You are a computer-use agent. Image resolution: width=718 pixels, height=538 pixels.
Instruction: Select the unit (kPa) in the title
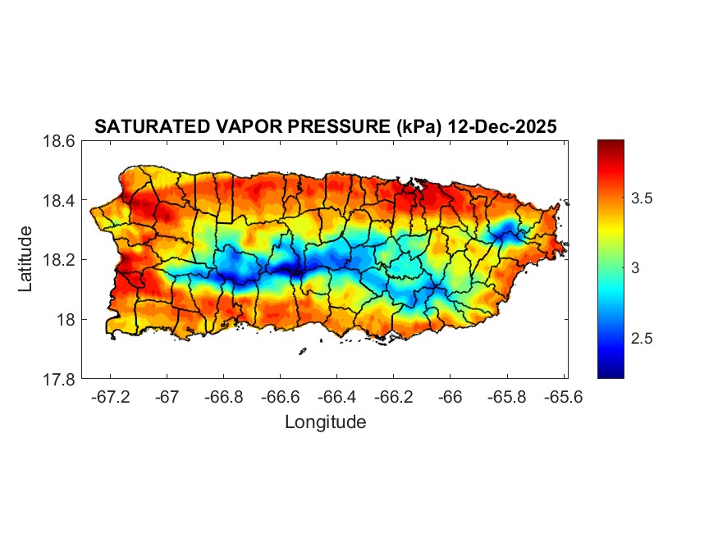(x=420, y=127)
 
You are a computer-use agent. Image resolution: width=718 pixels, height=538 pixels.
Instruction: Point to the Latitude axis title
(x=25, y=259)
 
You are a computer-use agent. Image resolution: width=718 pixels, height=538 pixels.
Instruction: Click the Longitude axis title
(x=325, y=422)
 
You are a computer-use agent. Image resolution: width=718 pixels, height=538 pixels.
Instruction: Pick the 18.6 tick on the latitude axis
(x=59, y=141)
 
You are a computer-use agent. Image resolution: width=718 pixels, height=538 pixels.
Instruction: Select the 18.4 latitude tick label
(x=59, y=201)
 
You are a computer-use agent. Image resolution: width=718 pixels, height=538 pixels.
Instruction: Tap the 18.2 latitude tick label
(x=59, y=260)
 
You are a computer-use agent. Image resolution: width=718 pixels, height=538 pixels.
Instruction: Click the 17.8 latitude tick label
(x=59, y=379)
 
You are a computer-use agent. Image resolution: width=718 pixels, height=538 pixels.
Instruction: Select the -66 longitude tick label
(x=450, y=396)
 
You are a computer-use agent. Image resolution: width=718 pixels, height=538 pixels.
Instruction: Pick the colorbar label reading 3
(x=637, y=268)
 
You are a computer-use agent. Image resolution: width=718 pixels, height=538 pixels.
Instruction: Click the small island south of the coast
(x=302, y=352)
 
